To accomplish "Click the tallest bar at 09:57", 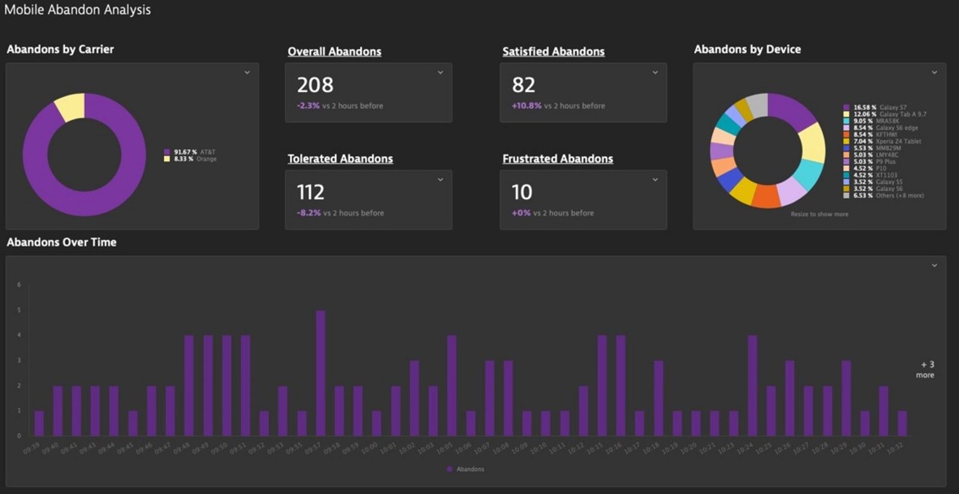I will pyautogui.click(x=321, y=372).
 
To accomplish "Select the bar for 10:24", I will pyautogui.click(x=752, y=385).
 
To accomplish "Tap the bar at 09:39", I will pyautogui.click(x=39, y=423).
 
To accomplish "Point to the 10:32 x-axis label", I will pyautogui.click(x=895, y=448).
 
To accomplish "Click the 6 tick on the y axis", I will pyautogui.click(x=19, y=285).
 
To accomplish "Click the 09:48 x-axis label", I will pyautogui.click(x=181, y=448).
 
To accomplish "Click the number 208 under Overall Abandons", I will pyautogui.click(x=315, y=85).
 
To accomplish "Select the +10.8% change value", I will pyautogui.click(x=526, y=106).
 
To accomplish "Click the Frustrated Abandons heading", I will pyautogui.click(x=557, y=159).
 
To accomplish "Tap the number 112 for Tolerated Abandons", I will pyautogui.click(x=310, y=192).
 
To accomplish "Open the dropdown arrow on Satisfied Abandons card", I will pyautogui.click(x=655, y=72).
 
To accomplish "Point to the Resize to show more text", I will pyautogui.click(x=819, y=214).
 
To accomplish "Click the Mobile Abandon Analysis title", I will pyautogui.click(x=77, y=10).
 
